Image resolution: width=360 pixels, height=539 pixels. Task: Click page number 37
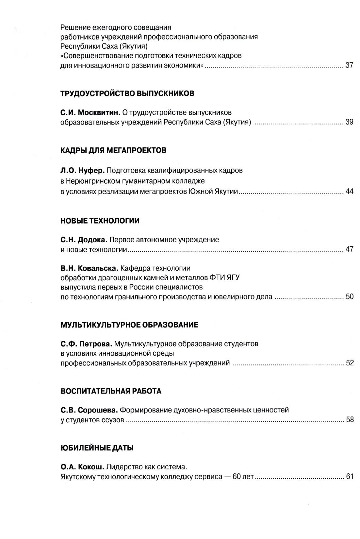point(349,65)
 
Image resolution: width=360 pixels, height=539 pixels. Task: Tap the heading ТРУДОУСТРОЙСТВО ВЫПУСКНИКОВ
point(127,93)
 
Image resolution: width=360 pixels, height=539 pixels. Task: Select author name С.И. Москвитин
point(90,113)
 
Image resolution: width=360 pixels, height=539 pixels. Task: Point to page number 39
point(349,122)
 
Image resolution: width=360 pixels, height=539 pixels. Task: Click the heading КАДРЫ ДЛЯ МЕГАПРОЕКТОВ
point(113,150)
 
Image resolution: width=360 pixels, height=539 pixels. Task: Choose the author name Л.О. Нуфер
point(82,170)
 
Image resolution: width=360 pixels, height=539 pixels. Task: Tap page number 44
point(349,191)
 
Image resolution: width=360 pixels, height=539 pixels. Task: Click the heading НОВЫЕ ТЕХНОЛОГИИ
point(100,221)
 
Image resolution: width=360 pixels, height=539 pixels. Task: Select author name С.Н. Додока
point(84,240)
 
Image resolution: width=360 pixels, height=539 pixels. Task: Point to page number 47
point(349,249)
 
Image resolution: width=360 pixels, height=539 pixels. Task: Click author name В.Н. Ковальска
point(89,268)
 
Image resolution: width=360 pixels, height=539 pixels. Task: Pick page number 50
point(349,297)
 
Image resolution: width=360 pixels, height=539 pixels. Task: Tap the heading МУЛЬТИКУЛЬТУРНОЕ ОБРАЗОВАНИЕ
point(129,325)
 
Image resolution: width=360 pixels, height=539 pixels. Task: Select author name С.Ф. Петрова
point(86,344)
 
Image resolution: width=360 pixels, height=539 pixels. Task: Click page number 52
point(349,363)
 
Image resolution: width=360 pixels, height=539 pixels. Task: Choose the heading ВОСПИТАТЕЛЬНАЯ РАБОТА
point(111,391)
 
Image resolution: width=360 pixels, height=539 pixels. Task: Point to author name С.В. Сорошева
point(89,410)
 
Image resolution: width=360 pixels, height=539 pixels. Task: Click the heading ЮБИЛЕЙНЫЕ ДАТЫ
point(97,448)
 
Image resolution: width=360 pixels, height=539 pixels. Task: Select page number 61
point(349,476)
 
